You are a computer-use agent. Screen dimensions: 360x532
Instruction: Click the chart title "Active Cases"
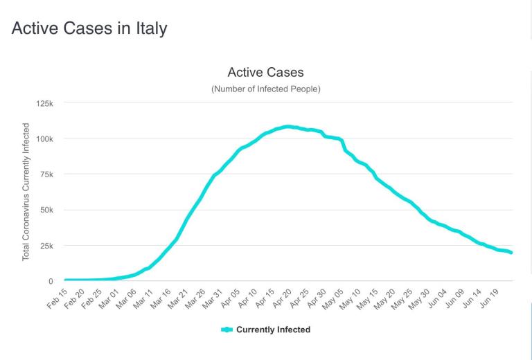tap(265, 73)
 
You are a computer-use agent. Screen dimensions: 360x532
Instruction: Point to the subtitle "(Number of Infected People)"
tap(265, 89)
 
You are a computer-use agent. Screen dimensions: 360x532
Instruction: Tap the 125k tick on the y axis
tap(44, 103)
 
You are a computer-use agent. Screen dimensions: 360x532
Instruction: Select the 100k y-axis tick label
tap(44, 138)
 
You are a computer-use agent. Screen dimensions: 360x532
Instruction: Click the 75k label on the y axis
tap(46, 174)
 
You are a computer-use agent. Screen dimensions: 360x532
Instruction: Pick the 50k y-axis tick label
tap(46, 210)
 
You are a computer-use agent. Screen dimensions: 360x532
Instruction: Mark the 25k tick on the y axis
tap(46, 246)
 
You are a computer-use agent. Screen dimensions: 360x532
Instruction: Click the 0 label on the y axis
tap(51, 281)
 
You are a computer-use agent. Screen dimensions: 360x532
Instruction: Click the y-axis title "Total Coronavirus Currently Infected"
tap(26, 192)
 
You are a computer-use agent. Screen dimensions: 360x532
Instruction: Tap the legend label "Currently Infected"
tap(273, 330)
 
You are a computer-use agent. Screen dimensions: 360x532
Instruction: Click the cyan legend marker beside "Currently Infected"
tap(226, 330)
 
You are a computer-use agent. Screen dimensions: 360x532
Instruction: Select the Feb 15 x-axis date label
tap(55, 296)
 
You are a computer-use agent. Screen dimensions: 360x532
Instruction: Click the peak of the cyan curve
tap(287, 127)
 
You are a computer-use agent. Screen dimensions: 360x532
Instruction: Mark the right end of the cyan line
tap(512, 253)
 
